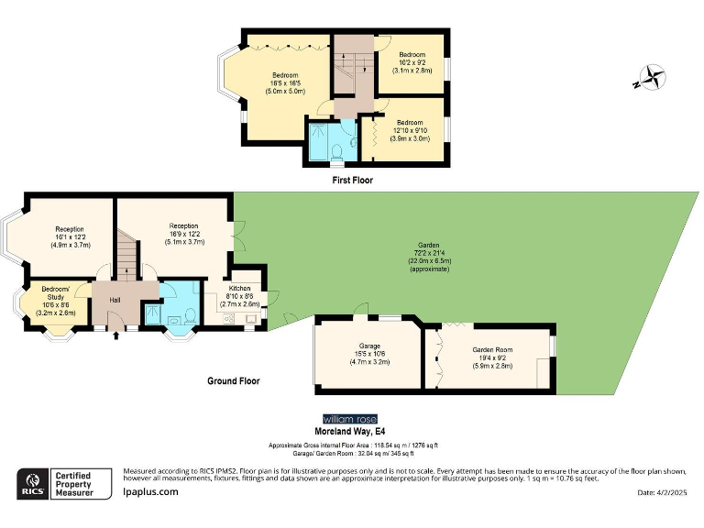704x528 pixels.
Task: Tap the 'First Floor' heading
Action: (x=352, y=181)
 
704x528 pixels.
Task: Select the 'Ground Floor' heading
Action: (x=233, y=380)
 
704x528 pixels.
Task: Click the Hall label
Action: (x=115, y=300)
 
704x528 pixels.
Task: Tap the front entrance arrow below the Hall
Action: (x=115, y=335)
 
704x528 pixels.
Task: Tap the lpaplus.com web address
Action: (x=151, y=491)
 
